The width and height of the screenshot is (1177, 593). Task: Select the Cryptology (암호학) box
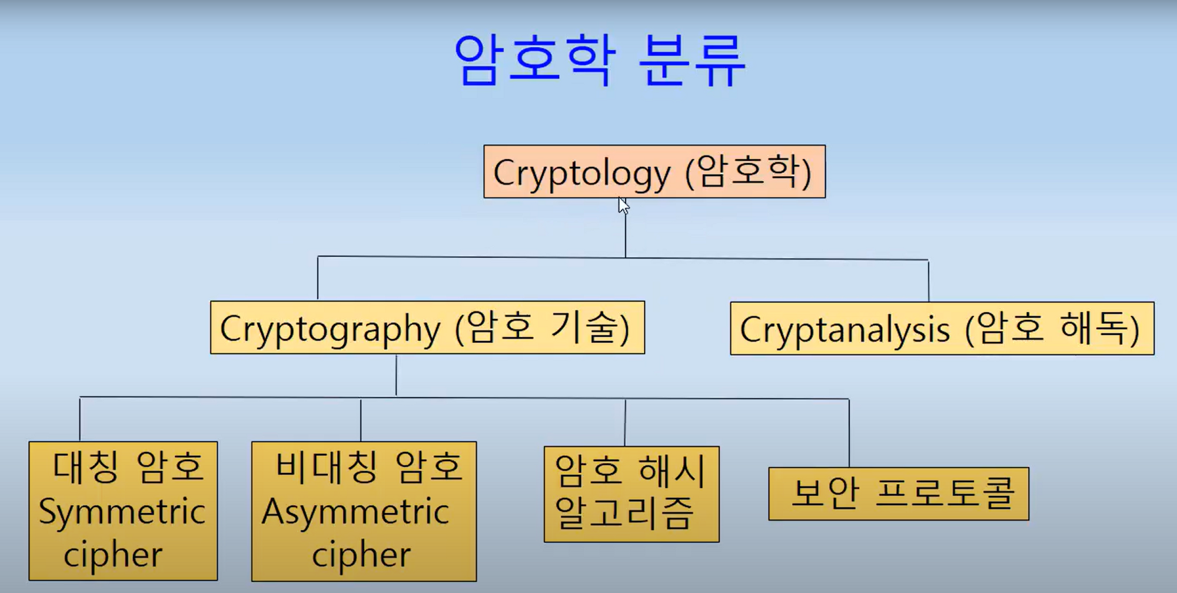click(654, 171)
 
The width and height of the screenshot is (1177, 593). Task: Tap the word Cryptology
click(581, 173)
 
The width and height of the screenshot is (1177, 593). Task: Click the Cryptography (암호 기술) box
click(427, 328)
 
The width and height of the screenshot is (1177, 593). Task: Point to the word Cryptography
click(330, 329)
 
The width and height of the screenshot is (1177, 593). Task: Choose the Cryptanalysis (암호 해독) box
click(942, 329)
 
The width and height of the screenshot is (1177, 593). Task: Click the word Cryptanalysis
click(844, 330)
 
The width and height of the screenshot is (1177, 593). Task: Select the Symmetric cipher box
click(123, 511)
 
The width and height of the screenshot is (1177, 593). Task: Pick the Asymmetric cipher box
click(364, 511)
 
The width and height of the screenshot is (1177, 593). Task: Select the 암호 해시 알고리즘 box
click(631, 494)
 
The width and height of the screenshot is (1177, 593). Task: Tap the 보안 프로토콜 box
click(899, 493)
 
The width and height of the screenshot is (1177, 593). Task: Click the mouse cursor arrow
click(623, 206)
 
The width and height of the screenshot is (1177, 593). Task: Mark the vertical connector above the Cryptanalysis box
click(929, 281)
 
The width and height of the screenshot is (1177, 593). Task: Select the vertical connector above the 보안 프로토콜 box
click(849, 433)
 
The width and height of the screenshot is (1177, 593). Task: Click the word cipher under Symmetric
click(113, 555)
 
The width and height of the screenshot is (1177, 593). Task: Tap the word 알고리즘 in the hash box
click(624, 513)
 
